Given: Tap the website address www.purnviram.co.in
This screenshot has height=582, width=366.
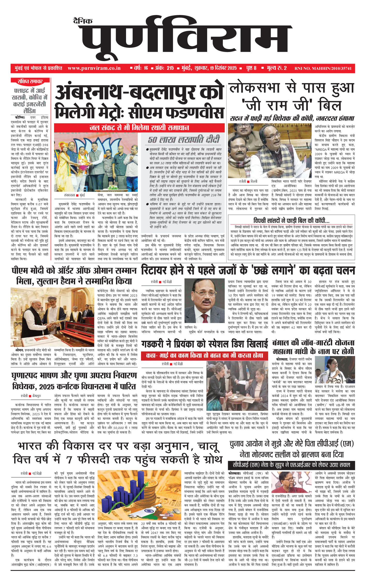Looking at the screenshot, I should click(94, 68).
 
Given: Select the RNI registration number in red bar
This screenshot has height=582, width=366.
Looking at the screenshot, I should click(323, 69).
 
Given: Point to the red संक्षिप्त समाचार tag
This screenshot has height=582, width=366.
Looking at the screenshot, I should click(30, 82).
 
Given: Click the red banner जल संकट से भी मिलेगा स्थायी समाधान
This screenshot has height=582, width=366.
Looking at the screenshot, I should click(139, 127).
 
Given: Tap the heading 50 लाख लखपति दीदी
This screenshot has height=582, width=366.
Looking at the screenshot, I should click(184, 140).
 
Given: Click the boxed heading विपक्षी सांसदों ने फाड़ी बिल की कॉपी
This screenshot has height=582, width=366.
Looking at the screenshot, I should click(291, 221).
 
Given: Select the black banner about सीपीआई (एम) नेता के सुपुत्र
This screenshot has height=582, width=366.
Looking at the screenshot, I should click(291, 465).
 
